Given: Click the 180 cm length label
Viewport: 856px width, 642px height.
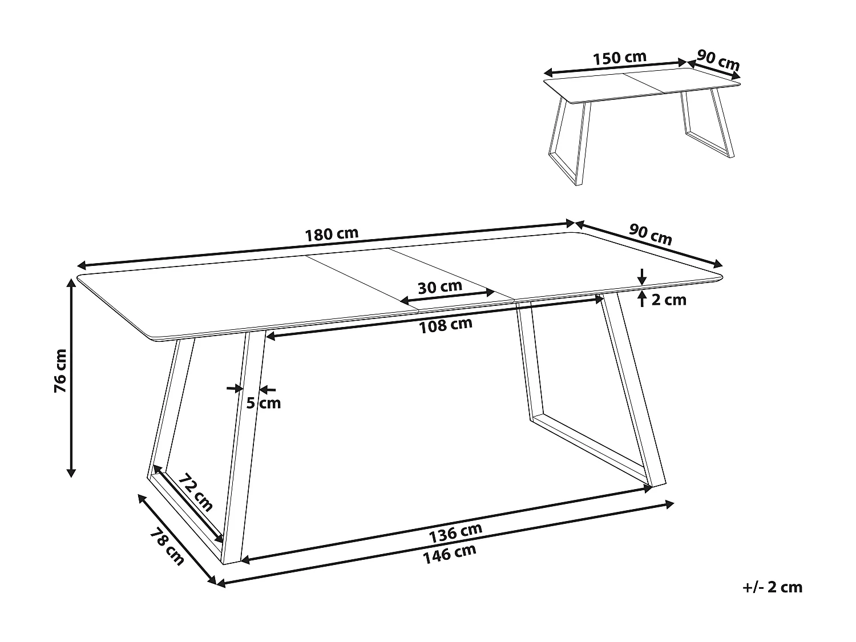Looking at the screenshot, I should tap(332, 234).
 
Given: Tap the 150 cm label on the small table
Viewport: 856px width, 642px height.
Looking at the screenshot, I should tap(619, 58).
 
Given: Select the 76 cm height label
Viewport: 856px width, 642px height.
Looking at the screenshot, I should tap(60, 370).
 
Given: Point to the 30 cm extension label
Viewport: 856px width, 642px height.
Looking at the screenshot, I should tap(439, 286).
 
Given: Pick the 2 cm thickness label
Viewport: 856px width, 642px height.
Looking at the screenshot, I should tap(669, 300).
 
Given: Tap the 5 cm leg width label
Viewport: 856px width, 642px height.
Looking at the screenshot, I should tap(264, 403).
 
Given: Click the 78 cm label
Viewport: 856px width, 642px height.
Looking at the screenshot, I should tap(167, 547).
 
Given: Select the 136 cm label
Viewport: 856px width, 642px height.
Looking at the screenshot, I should tap(455, 532).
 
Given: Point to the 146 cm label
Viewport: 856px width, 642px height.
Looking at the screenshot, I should tap(449, 553).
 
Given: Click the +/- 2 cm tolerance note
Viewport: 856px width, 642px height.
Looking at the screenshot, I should tap(773, 587).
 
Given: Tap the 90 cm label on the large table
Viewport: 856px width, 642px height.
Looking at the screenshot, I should tap(650, 235).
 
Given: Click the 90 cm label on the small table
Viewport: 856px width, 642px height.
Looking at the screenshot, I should tap(718, 60).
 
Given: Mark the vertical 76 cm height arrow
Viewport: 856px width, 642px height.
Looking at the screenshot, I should tap(71, 379).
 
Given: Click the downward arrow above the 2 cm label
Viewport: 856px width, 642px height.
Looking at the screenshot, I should tap(643, 276).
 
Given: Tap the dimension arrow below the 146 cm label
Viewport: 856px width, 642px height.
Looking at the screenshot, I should tap(445, 543).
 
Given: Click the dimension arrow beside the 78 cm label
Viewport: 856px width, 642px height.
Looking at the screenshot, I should tap(177, 539).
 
